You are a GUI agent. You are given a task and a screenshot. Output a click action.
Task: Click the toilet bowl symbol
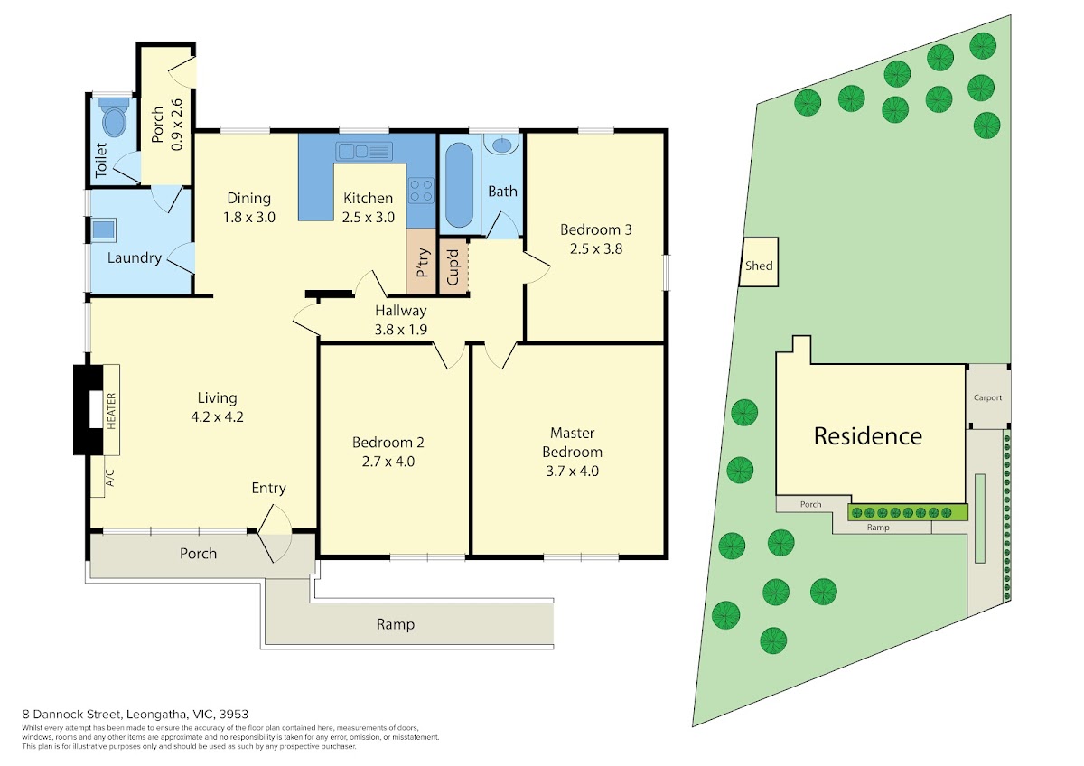pos(115,117)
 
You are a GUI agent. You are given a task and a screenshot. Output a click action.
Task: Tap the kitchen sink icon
pos(364,152)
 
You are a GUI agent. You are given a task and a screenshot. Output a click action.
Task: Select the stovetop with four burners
pos(421,191)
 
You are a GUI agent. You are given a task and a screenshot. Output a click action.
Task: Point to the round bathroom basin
pos(501,144)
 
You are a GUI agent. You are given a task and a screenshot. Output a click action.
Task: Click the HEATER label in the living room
pos(111,411)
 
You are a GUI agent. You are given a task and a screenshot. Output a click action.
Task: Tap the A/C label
pos(110,478)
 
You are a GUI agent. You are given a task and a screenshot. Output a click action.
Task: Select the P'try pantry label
pos(422,262)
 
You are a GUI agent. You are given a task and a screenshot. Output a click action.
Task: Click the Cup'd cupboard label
pos(453,266)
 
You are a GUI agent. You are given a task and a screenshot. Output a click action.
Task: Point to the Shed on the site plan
pos(759,266)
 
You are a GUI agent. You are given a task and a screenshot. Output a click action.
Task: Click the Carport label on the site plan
pos(987,397)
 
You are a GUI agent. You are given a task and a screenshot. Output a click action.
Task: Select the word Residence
pos(868,436)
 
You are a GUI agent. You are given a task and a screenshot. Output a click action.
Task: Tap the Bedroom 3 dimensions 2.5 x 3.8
pos(595,248)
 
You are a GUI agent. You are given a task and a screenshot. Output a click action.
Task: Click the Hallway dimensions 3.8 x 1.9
pos(401,330)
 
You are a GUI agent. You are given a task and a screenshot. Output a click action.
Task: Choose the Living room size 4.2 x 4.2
pos(217,416)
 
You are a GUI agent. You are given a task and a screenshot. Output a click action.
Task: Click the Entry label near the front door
pos(268,489)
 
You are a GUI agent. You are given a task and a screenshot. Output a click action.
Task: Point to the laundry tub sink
pos(104,229)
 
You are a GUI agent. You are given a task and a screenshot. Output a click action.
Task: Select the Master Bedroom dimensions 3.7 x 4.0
pos(573,471)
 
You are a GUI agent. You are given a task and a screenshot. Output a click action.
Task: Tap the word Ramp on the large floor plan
pos(396,624)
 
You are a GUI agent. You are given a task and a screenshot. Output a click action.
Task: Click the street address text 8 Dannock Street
pos(74,714)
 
